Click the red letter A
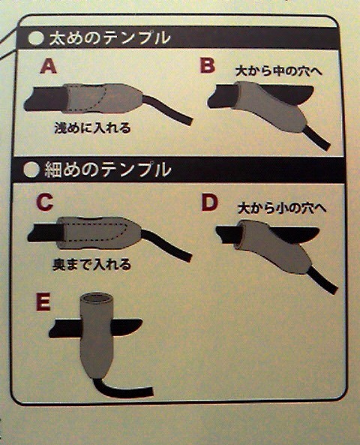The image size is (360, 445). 48,67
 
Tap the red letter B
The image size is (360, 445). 208,65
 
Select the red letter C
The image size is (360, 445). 45,203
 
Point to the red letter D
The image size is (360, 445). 210,203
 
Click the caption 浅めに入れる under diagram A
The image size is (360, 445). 93,128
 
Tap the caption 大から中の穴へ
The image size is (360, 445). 279,71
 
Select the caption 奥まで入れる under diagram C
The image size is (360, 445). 92,265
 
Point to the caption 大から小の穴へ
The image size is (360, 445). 282,208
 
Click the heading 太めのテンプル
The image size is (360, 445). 109,38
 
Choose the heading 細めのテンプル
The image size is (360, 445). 108,170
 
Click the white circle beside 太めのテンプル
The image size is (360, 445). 36,38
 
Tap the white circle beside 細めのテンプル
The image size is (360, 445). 31,170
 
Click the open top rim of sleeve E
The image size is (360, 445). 97,298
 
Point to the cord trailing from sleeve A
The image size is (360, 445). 167,110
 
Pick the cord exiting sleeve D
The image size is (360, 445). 322,280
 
